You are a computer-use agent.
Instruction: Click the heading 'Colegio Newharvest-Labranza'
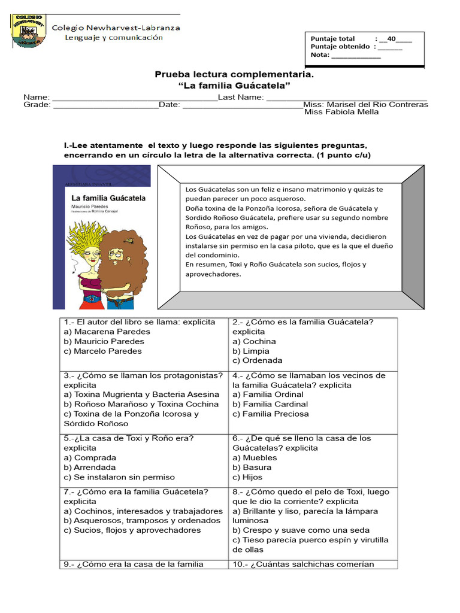(116, 28)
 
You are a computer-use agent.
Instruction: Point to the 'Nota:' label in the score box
(320, 54)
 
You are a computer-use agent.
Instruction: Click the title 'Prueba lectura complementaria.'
(234, 75)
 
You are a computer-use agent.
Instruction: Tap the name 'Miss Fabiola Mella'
(341, 112)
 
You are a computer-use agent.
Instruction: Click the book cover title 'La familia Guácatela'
(100, 198)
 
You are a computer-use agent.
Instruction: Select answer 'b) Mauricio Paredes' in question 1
(104, 341)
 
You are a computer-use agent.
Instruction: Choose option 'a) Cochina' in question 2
(255, 341)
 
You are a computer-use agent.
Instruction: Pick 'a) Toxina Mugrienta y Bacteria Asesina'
(141, 394)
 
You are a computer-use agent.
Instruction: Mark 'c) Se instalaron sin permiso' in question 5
(119, 477)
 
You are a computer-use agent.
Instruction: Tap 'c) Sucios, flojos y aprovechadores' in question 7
(132, 530)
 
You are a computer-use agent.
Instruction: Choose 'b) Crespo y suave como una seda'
(301, 530)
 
